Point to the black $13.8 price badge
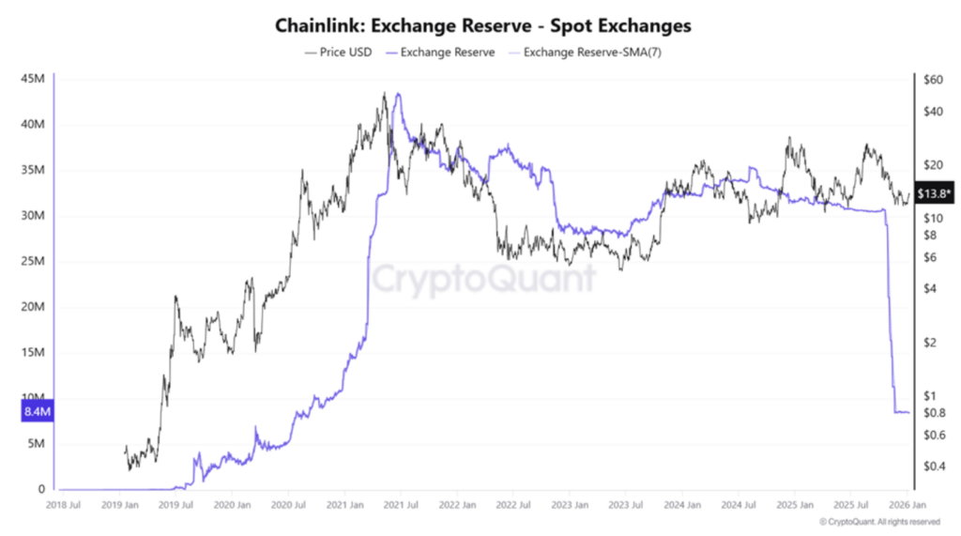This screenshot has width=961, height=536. pyautogui.click(x=935, y=192)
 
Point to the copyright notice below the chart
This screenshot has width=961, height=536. pyautogui.click(x=878, y=521)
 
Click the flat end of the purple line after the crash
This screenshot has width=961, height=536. pyautogui.click(x=902, y=412)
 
